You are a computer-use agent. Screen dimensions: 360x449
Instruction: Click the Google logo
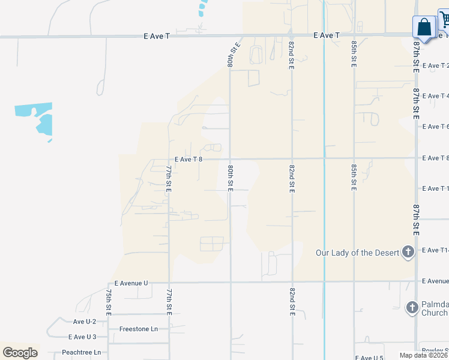(20, 352)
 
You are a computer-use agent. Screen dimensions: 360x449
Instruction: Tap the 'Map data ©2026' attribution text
(424, 355)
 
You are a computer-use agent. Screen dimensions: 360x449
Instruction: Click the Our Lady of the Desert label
(358, 253)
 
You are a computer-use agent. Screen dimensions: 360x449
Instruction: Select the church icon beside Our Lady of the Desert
(408, 252)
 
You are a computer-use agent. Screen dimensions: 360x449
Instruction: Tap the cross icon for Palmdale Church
(412, 308)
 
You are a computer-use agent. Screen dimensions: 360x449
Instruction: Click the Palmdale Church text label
(435, 308)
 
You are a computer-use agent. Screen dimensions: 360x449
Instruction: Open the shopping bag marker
(424, 28)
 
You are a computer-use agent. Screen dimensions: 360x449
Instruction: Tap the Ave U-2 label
(85, 322)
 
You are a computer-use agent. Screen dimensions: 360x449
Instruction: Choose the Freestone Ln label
(138, 329)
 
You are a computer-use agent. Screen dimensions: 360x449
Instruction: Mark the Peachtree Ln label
(81, 352)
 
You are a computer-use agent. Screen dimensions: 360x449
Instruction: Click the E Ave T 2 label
(435, 65)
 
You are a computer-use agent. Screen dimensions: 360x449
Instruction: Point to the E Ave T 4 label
(435, 96)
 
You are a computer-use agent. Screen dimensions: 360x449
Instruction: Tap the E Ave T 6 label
(435, 127)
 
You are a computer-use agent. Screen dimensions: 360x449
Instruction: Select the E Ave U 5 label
(369, 358)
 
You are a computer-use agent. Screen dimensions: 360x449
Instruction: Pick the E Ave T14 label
(435, 250)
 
